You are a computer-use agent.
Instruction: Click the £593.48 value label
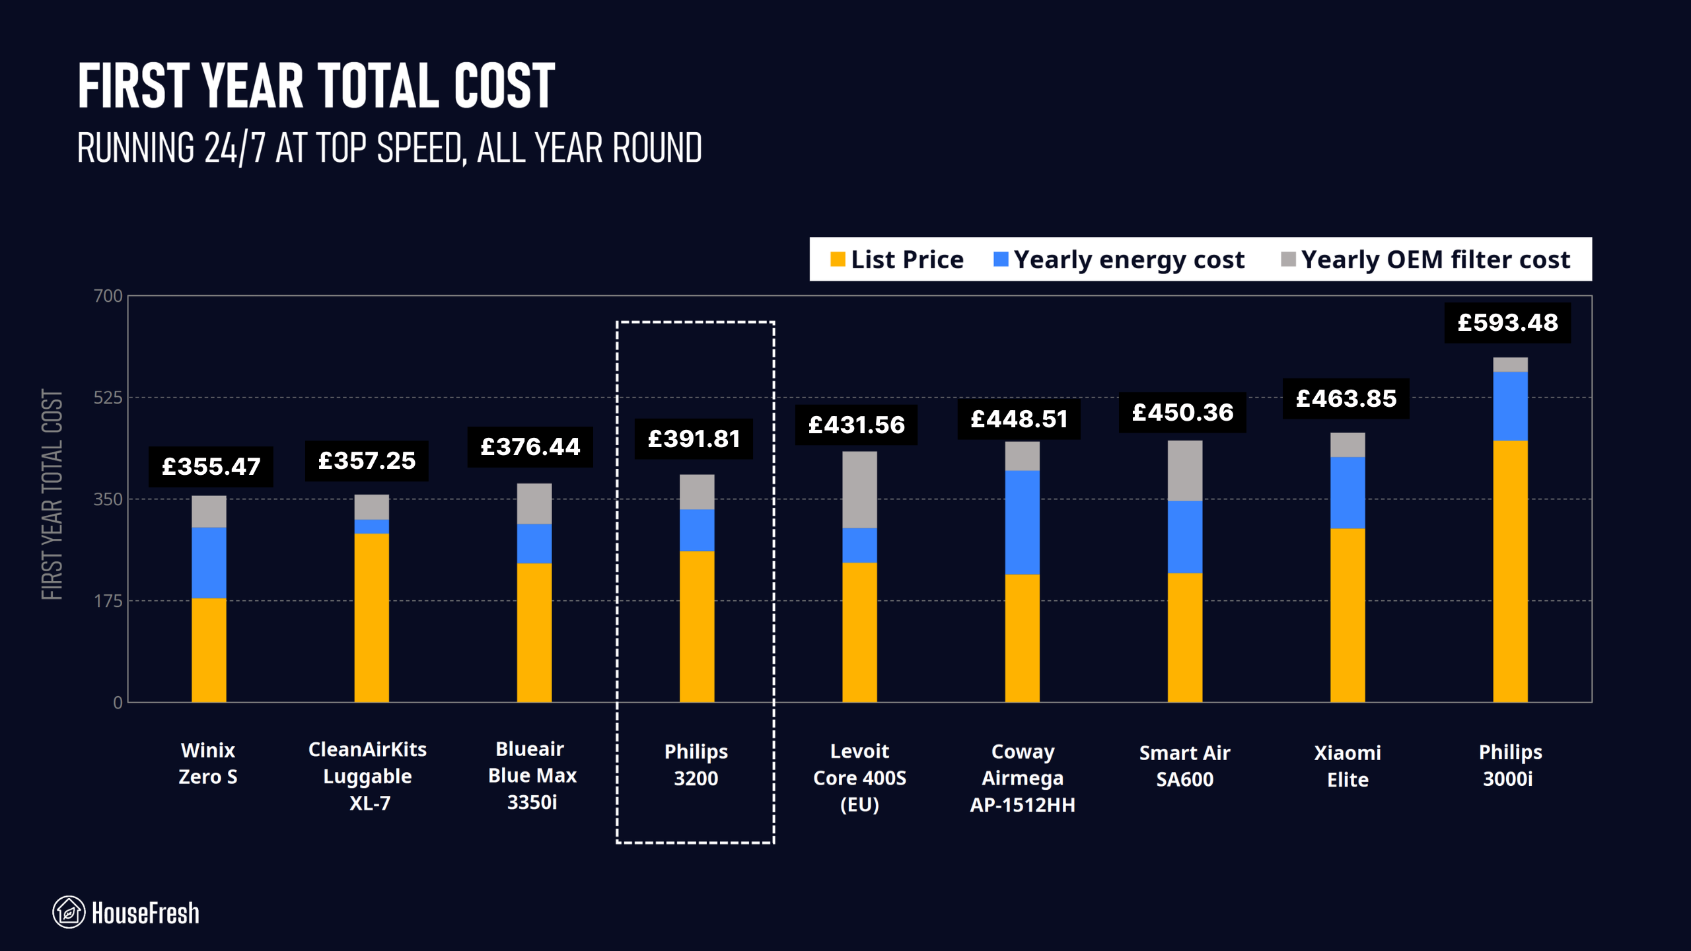coord(1507,323)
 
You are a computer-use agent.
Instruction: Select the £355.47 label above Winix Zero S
coord(211,467)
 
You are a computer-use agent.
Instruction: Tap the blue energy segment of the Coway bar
coord(1022,522)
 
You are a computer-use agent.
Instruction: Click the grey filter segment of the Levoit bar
coord(859,489)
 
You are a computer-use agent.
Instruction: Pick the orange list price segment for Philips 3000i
coord(1510,571)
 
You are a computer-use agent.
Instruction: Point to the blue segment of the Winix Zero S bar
coord(209,563)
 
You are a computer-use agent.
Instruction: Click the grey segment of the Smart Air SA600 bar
coord(1185,470)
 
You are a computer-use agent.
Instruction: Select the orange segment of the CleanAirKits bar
coord(371,617)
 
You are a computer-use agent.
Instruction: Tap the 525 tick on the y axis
coord(108,398)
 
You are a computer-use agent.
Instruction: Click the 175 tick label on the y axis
coord(108,601)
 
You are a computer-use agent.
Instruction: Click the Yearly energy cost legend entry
coord(1119,260)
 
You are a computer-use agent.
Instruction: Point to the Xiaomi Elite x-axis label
coord(1348,766)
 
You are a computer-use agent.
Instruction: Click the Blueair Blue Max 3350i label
coord(532,775)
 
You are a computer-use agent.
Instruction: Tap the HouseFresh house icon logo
coord(69,912)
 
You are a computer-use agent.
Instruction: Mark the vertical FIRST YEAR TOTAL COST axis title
coord(52,495)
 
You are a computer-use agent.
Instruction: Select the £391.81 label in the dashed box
coord(694,439)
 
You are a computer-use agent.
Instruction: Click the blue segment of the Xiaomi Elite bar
coord(1348,493)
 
